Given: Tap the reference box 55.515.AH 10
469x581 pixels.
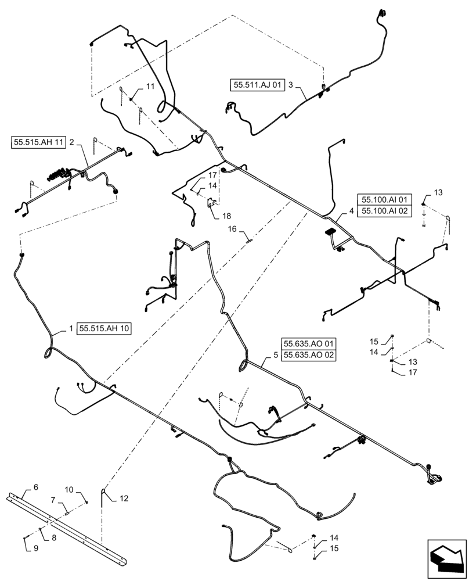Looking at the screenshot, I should [104, 328].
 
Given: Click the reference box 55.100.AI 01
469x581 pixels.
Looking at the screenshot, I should [385, 199].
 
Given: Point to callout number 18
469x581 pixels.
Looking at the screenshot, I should [217, 216].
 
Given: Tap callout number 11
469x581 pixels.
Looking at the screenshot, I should [150, 86].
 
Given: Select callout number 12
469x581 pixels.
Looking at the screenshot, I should [123, 498].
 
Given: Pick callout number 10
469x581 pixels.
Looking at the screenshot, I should [68, 489].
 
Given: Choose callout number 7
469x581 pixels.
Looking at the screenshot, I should [53, 500].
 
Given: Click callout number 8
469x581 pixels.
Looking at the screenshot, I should [54, 538].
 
